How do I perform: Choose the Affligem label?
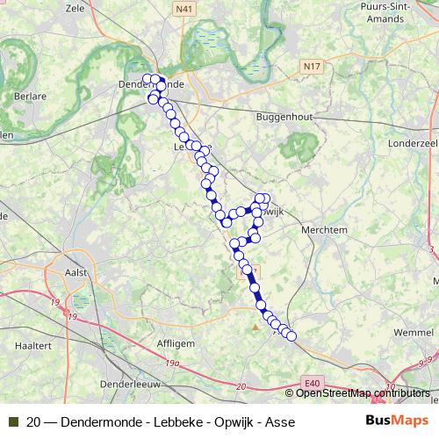coord(176,344)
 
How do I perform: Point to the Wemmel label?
coord(413,333)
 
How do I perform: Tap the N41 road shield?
coord(183,9)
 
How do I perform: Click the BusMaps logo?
coord(397,421)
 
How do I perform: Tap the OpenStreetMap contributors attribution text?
coord(363,392)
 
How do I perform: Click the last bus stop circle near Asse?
coord(291,336)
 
